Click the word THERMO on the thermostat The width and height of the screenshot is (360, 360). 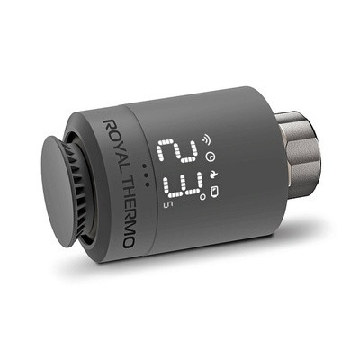(x=123, y=202)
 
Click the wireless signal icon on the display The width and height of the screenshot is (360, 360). (x=202, y=140)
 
